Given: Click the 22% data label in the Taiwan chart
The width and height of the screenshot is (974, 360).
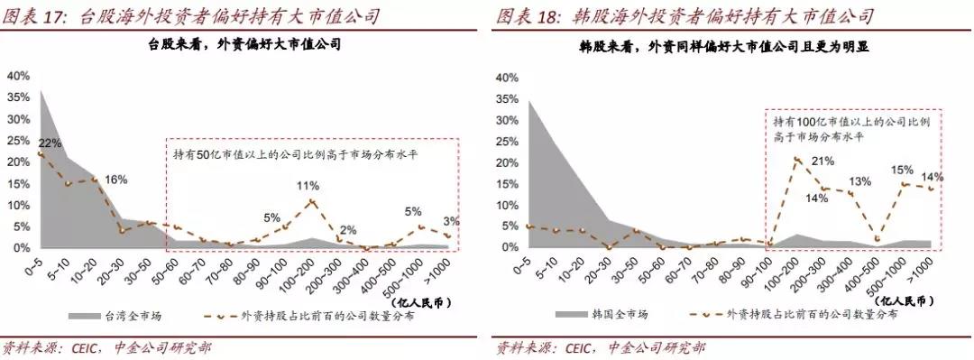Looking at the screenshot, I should coord(50,143).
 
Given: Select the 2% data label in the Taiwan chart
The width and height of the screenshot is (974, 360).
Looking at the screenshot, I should coord(347,228).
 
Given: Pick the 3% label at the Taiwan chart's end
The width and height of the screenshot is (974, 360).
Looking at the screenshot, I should coord(451,221).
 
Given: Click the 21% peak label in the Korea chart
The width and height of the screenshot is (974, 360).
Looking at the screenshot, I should coord(822,162).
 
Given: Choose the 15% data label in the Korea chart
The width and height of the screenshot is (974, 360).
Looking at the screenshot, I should coord(902,170).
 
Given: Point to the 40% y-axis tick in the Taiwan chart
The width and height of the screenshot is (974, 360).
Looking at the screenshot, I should coord(18,76).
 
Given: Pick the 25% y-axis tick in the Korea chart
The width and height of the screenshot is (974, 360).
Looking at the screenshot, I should coord(507,141).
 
